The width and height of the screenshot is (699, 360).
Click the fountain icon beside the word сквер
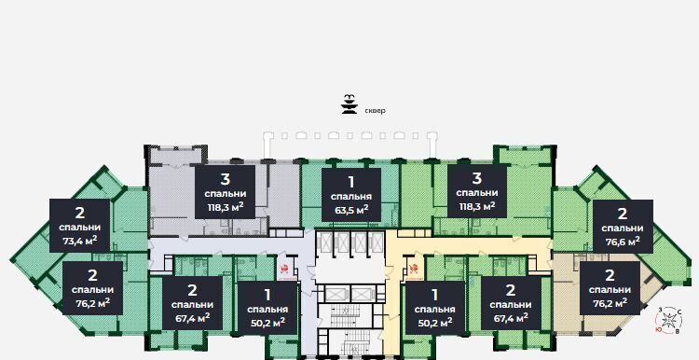click(349, 104)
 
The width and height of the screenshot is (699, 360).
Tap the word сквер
click(375, 111)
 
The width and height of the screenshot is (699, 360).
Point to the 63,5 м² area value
click(351, 209)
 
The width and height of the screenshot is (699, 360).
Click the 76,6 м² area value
click(623, 241)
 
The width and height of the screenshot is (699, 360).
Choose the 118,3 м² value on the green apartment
click(477, 206)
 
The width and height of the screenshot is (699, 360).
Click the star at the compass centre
click(668, 320)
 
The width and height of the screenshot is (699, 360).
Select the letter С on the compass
click(679, 312)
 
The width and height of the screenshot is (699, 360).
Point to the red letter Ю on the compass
click(658, 329)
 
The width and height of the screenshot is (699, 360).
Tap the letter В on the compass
click(678, 331)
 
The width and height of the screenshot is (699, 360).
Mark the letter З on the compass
click(660, 310)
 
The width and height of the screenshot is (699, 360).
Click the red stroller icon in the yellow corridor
click(413, 269)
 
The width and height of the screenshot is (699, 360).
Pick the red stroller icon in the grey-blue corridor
click(284, 269)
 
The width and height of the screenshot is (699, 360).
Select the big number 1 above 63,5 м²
click(351, 182)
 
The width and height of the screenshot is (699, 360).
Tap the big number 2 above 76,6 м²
click(623, 214)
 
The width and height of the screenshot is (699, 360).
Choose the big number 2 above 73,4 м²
click(79, 213)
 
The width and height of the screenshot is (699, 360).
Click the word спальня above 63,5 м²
click(351, 197)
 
